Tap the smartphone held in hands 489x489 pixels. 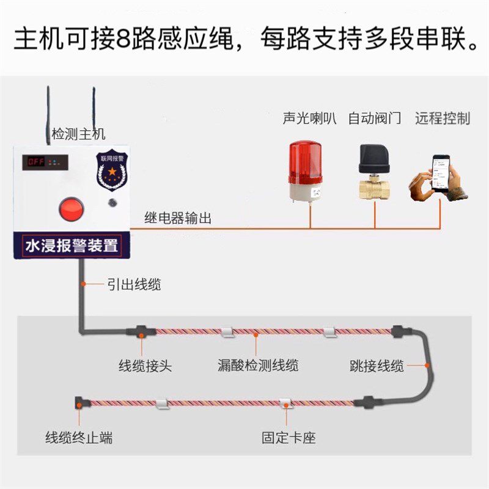click(x=441, y=175)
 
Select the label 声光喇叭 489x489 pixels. click(x=310, y=119)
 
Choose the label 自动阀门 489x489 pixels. click(x=374, y=119)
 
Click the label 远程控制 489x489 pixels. click(x=443, y=119)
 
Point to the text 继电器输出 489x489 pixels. click(x=178, y=218)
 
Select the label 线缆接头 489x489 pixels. click(x=145, y=366)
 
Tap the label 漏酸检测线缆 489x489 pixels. click(x=259, y=366)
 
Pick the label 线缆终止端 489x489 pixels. click(x=79, y=438)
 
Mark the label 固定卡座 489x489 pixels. click(x=289, y=438)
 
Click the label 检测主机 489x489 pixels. click(x=79, y=134)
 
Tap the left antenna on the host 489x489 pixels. click(x=48, y=113)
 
